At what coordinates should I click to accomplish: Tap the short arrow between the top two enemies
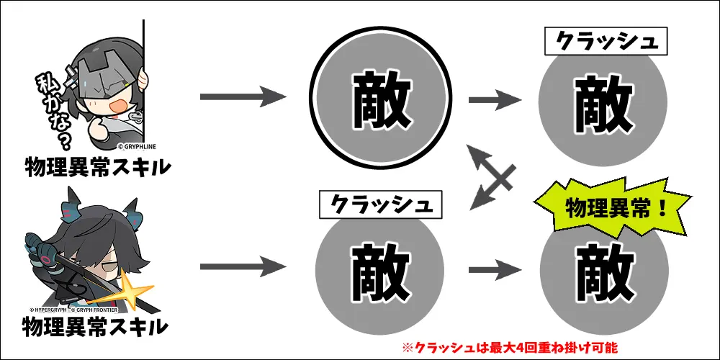pos(496,98)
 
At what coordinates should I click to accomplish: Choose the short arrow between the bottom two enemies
pos(496,270)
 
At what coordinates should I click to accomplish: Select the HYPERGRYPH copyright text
pos(48,310)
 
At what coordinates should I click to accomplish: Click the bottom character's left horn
pos(71,202)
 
